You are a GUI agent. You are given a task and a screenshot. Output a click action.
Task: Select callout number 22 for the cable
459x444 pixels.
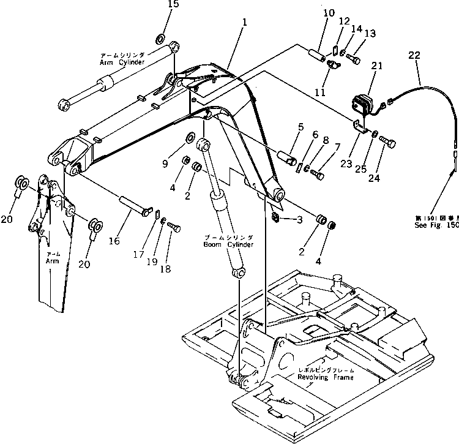click(x=415, y=56)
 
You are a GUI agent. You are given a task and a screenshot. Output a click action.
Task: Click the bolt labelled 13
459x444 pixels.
click(x=354, y=58)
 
